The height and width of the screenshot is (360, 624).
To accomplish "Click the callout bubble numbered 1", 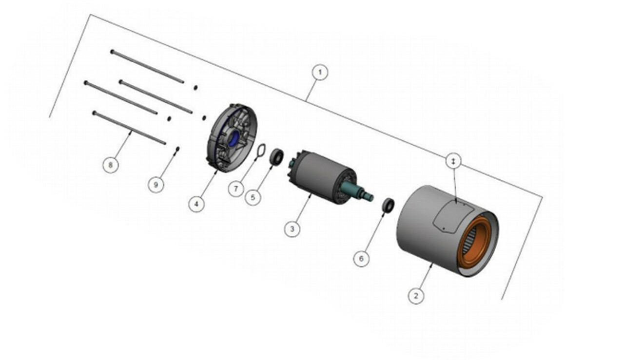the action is point(320,73).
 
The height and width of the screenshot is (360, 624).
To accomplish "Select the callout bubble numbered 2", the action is point(415,296).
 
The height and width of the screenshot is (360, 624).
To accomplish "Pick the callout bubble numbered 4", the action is point(196,204).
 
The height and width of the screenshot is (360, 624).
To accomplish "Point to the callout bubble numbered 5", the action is point(253,197).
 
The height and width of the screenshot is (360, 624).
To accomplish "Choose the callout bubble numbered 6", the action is point(361,259).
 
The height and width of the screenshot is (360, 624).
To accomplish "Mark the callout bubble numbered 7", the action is point(236,188).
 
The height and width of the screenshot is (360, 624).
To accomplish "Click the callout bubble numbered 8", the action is point(111,165).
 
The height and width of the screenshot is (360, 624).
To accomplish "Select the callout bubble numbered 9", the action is point(156,185).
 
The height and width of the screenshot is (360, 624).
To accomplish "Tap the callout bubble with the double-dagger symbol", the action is point(454,161).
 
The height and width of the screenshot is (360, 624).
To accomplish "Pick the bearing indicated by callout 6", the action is point(388,205).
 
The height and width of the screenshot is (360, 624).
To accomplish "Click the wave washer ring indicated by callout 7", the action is point(259,151).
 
